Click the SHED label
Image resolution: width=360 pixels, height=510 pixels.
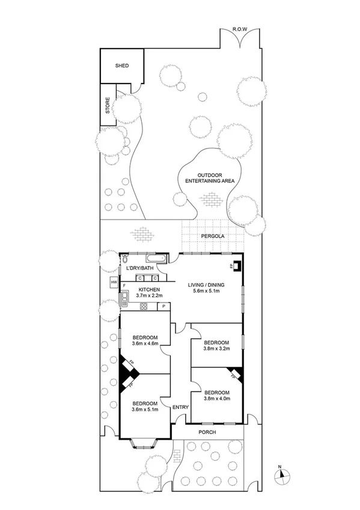pos(122,66)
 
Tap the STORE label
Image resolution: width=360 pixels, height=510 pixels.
pos(108,106)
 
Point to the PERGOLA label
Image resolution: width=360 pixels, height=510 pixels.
pos(212,236)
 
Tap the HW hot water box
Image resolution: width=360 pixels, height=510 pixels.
pos(113,283)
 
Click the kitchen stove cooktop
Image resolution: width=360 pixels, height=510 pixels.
pos(144,306)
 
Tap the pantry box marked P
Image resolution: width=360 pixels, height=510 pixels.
pos(163,307)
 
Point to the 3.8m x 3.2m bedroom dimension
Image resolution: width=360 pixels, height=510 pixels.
pos(216,348)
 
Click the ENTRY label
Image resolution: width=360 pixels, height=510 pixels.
pos(180,407)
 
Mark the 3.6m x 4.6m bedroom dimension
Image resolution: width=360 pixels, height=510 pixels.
pos(145,343)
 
